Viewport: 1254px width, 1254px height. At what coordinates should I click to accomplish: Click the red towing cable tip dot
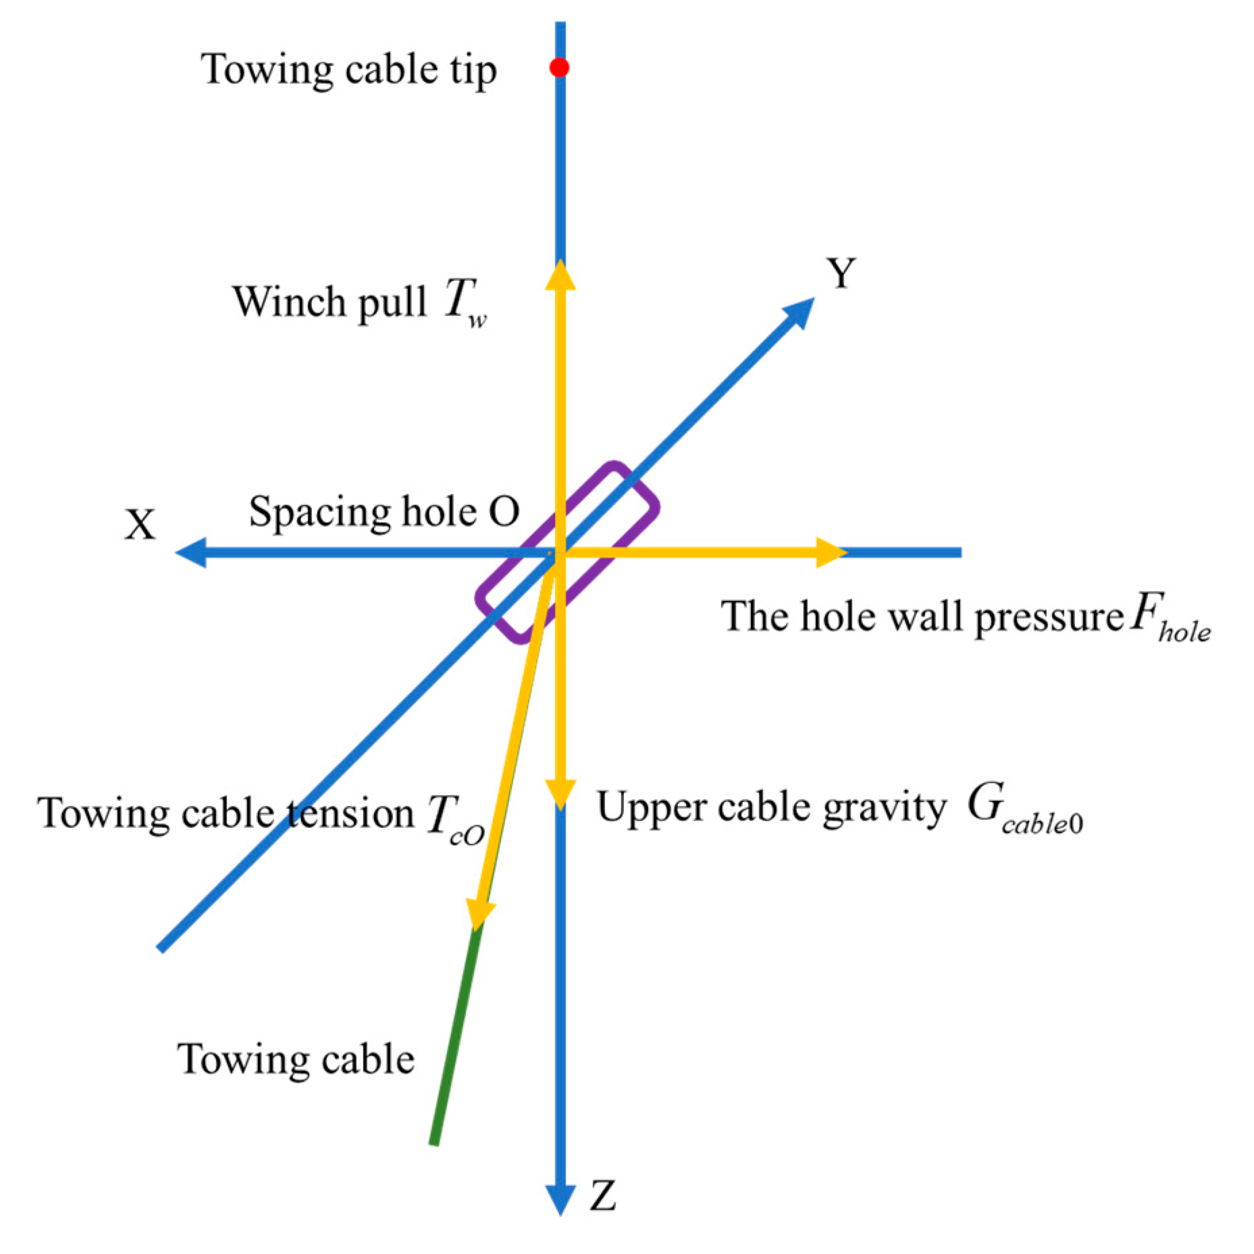[558, 68]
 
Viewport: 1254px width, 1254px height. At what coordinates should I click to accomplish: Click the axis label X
[140, 524]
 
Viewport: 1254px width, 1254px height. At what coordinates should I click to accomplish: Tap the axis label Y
[841, 273]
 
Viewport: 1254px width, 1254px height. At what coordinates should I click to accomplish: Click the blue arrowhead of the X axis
[191, 552]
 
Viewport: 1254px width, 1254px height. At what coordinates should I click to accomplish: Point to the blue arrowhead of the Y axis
[800, 313]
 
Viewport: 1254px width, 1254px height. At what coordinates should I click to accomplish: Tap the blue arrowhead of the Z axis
[560, 1199]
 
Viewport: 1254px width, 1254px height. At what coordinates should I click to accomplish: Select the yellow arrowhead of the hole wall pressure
[831, 552]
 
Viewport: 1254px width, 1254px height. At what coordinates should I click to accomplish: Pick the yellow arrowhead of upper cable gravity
[560, 794]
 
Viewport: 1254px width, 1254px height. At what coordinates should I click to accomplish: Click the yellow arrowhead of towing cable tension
[480, 916]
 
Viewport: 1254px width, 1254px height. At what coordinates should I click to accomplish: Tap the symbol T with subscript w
[465, 302]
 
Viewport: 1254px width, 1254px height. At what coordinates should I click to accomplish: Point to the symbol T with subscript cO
[454, 818]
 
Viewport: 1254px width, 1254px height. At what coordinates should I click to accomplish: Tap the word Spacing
[319, 513]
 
